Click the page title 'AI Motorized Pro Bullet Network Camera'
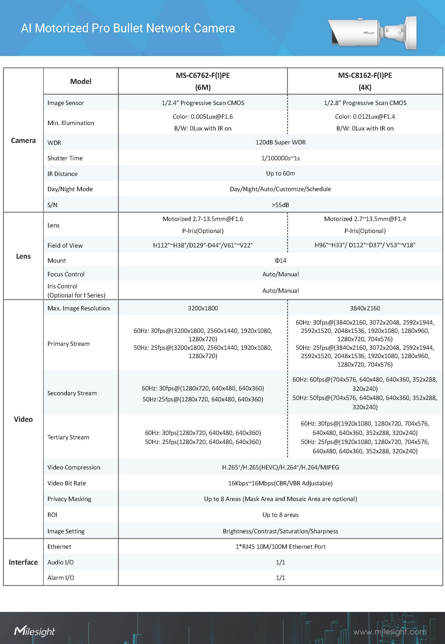tap(128, 28)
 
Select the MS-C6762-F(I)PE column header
tap(203, 81)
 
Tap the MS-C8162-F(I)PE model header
tap(365, 81)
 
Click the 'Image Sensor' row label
tap(66, 103)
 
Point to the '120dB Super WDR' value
tap(281, 142)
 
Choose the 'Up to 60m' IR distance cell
tap(281, 174)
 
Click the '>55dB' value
tap(281, 205)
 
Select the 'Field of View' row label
tap(65, 246)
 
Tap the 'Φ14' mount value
tap(281, 260)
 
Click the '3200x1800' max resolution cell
tap(203, 308)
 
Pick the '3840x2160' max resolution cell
tap(365, 308)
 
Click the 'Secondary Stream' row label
tap(72, 393)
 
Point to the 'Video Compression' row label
tap(74, 468)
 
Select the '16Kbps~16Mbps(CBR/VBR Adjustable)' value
tap(281, 483)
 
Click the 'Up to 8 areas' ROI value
tap(281, 515)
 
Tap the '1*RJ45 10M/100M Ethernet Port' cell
tap(281, 547)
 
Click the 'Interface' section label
tap(23, 562)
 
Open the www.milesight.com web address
tap(389, 632)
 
